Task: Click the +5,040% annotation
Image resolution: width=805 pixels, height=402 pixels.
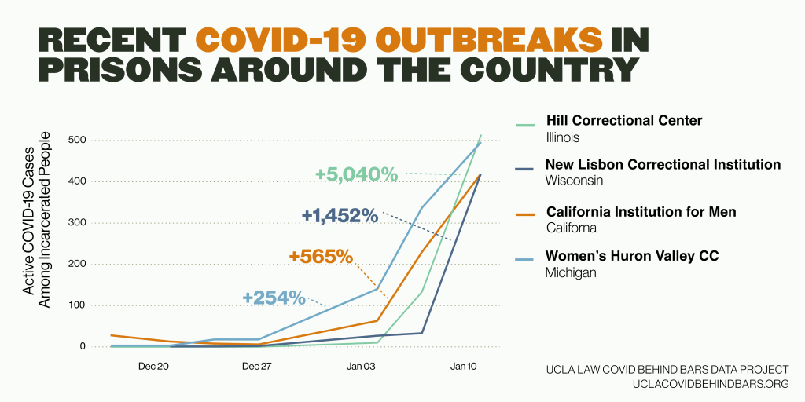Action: (x=356, y=174)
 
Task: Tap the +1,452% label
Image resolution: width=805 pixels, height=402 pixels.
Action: (x=340, y=215)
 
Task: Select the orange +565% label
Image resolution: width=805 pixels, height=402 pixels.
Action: (x=321, y=257)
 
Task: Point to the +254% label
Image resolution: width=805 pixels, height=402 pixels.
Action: (x=274, y=298)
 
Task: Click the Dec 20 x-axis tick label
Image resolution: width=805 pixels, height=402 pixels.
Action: (x=152, y=367)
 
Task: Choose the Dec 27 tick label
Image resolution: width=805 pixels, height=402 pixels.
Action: (x=258, y=367)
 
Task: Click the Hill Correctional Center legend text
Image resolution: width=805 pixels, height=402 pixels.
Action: (x=624, y=121)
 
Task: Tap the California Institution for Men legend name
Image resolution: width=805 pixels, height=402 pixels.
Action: (x=641, y=212)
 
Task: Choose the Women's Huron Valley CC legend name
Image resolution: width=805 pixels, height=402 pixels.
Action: (x=632, y=256)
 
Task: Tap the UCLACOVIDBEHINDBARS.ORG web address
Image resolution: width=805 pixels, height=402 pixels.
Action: (x=710, y=384)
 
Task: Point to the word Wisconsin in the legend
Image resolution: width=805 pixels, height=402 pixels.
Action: (x=575, y=181)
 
